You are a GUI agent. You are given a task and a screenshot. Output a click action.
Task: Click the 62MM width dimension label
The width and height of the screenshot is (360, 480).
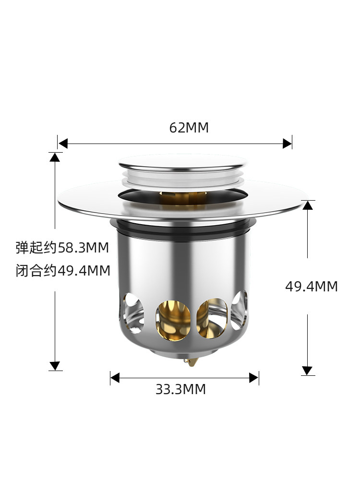189,128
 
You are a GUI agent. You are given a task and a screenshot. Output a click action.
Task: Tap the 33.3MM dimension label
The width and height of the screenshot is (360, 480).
180,389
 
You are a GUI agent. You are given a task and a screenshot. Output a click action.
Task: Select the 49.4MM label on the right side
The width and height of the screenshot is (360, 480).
312,287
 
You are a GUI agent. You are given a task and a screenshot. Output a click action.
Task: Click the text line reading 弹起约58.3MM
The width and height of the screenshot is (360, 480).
62,247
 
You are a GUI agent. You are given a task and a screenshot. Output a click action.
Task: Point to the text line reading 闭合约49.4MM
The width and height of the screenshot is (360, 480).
63,271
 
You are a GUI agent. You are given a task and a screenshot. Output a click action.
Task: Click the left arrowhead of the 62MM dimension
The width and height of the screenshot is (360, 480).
63,143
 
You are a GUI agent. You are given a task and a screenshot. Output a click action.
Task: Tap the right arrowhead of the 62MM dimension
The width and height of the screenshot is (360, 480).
287,143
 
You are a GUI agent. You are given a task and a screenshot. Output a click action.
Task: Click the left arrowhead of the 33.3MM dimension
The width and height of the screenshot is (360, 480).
115,378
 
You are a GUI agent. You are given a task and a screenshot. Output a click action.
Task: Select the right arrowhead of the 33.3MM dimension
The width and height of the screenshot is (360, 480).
254,378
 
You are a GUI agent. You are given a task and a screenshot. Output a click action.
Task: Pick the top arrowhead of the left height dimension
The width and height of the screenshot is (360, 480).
55,157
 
